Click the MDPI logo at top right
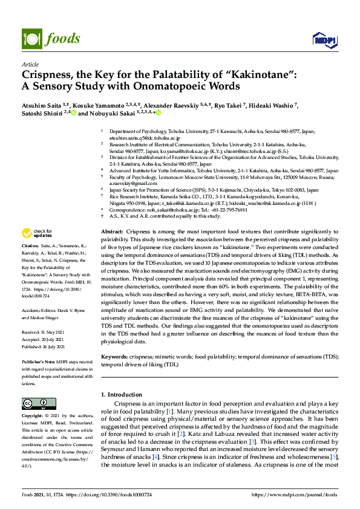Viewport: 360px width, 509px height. pyautogui.click(x=321, y=41)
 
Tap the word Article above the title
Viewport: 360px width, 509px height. pyautogui.click(x=30, y=64)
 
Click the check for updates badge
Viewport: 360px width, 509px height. pyautogui.click(x=36, y=233)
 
